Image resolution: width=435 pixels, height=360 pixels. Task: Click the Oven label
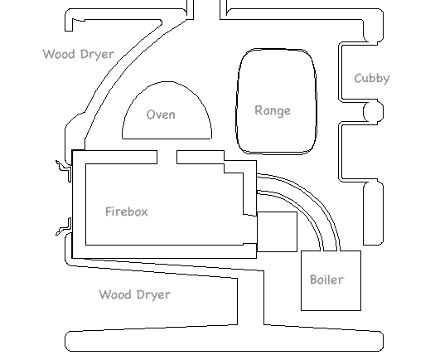coord(161,114)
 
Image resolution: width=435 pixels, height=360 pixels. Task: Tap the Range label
coord(273,111)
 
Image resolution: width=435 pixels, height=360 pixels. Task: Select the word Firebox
coord(127,212)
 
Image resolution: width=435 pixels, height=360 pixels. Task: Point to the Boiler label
coord(326,280)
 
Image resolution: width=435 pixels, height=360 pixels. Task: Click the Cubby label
coord(372,79)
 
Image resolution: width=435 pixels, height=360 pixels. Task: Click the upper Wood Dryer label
coord(79,54)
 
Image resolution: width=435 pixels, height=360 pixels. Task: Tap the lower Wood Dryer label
coord(135,294)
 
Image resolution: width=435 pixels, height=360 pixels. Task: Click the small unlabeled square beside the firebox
coord(277,231)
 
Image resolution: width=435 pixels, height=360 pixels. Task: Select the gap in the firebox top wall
coord(167,158)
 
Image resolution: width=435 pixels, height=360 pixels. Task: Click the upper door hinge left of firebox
coord(64,170)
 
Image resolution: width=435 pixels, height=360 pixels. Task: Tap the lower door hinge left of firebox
coord(64,227)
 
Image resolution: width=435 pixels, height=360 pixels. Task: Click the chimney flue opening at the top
coord(206,10)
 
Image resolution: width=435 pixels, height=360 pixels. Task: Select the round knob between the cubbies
coord(374,111)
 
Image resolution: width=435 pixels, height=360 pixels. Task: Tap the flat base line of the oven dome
coord(167,139)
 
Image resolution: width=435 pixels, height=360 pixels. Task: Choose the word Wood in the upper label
coord(59,54)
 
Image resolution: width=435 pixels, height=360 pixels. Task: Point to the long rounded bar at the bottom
coord(225,341)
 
